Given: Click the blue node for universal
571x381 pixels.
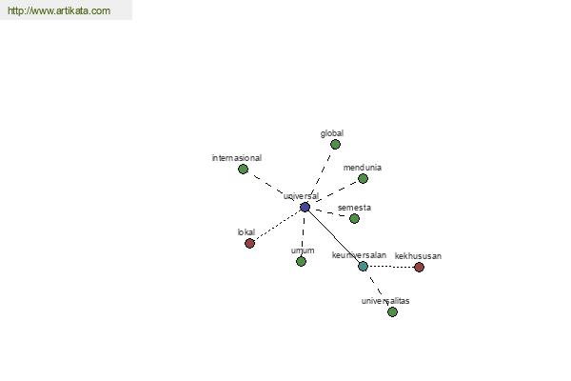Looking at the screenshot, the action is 305,207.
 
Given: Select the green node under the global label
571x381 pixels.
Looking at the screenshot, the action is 335,145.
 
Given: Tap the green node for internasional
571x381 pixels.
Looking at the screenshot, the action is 243,170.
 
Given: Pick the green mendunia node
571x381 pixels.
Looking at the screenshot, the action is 363,179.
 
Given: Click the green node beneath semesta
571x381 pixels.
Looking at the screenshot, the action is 354,219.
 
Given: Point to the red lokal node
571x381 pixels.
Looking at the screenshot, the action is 249,243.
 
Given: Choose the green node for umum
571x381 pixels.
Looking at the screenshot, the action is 301,261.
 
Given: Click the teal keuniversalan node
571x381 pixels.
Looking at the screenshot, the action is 364,266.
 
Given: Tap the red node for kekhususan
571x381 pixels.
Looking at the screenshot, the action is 419,268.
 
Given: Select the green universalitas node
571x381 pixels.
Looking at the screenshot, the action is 392,312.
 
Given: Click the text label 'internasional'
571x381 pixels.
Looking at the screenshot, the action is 237,158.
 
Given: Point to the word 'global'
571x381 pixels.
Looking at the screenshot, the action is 332,133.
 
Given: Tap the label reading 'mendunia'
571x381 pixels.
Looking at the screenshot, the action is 363,168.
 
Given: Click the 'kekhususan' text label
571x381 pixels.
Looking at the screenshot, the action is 418,256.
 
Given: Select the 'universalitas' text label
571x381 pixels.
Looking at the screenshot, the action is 385,301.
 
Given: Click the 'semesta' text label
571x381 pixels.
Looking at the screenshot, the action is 354,208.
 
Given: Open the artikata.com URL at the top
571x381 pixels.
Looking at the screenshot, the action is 59,10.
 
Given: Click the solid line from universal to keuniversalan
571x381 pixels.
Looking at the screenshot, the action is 334,236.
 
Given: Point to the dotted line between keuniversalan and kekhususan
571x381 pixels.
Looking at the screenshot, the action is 391,267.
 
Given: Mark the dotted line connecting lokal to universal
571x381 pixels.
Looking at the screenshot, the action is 277,226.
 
